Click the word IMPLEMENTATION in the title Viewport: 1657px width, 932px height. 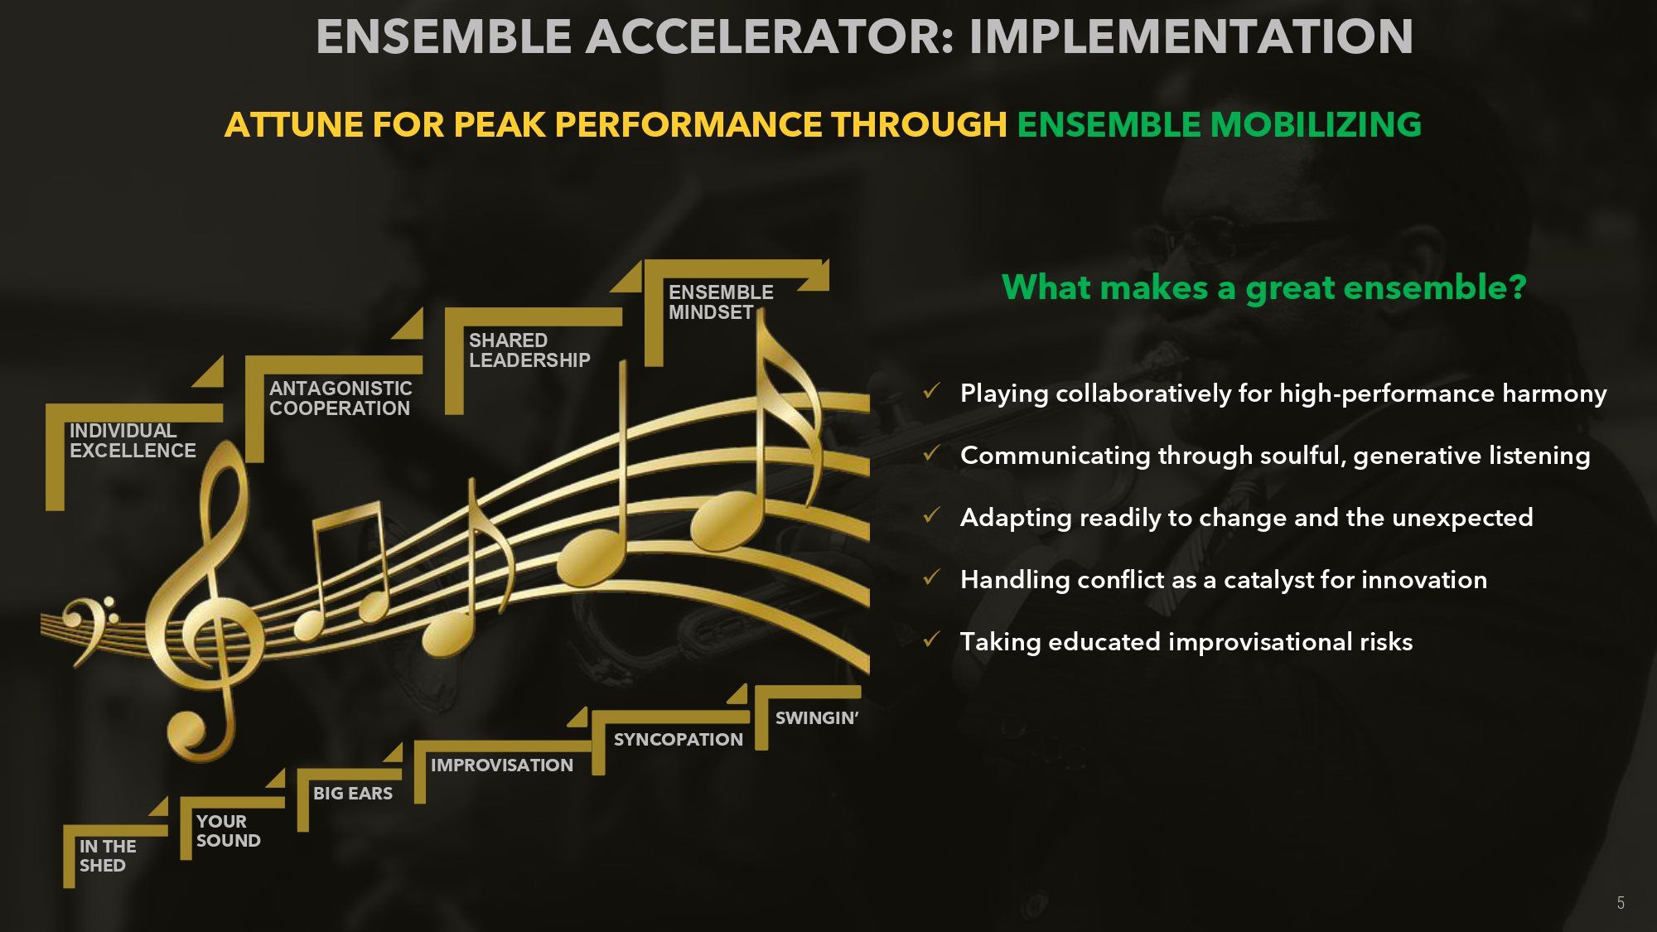[x=1191, y=36]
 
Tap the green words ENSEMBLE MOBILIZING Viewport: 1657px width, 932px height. [x=1219, y=124]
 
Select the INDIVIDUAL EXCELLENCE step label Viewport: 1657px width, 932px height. [x=133, y=441]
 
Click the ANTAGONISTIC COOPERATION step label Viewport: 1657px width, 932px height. [x=341, y=398]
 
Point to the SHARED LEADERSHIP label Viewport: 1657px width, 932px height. [x=529, y=350]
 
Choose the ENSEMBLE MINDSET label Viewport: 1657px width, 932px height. [x=721, y=302]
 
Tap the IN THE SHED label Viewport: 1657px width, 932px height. [x=108, y=856]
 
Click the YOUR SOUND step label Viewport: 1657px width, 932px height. [x=228, y=831]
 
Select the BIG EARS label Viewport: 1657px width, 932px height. [x=353, y=794]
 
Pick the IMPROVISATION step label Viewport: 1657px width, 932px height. [x=502, y=765]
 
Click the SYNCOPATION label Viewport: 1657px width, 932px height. [x=679, y=740]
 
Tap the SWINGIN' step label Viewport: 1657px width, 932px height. [x=817, y=718]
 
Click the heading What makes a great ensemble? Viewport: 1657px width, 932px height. [x=1264, y=287]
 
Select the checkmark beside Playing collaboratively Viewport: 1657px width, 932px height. [x=931, y=391]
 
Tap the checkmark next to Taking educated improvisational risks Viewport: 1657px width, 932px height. [x=931, y=640]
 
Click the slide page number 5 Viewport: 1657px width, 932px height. [x=1621, y=903]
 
